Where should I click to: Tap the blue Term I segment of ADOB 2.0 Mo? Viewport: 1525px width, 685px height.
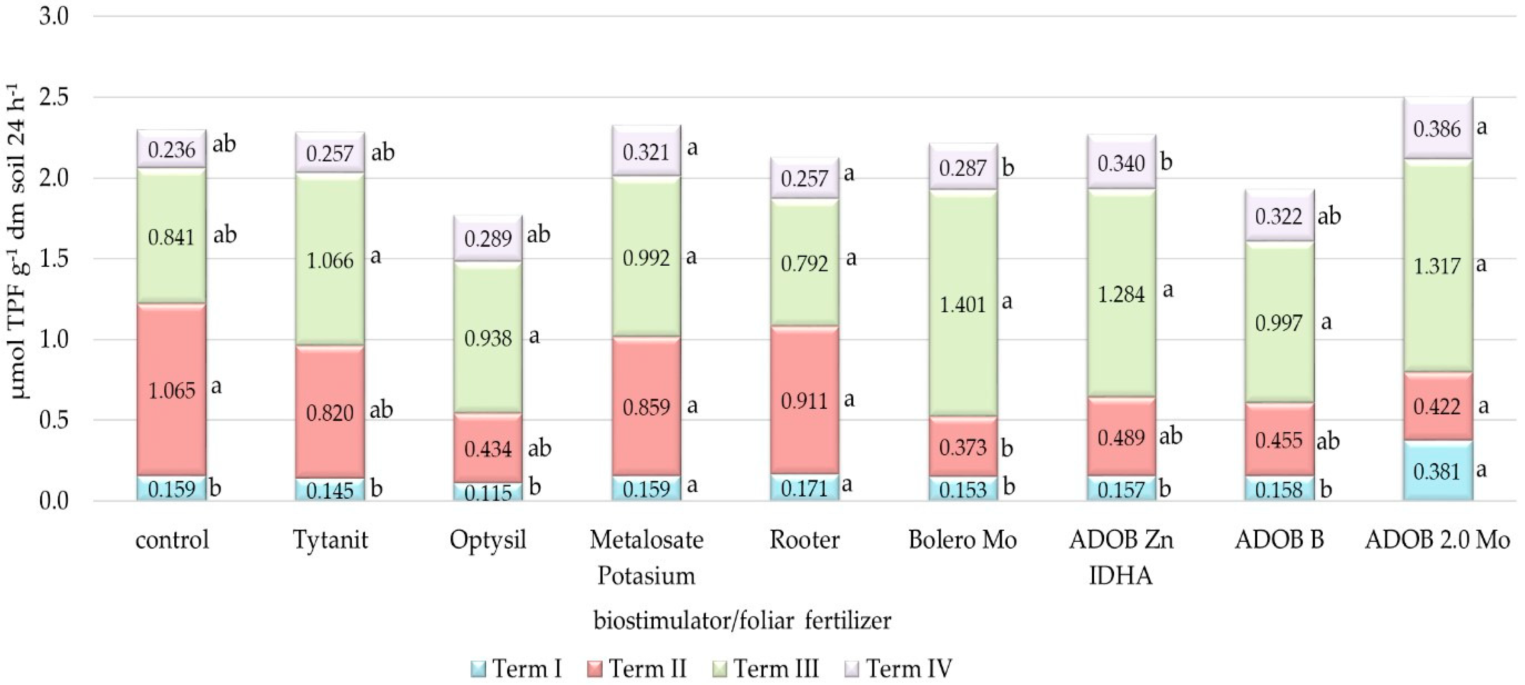[1437, 471]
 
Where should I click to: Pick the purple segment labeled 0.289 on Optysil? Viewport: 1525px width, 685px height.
[488, 239]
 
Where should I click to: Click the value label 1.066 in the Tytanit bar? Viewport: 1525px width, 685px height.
[330, 261]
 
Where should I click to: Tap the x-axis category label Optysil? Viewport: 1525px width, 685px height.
[488, 540]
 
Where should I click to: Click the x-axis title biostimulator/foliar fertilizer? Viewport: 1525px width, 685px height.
[742, 621]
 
